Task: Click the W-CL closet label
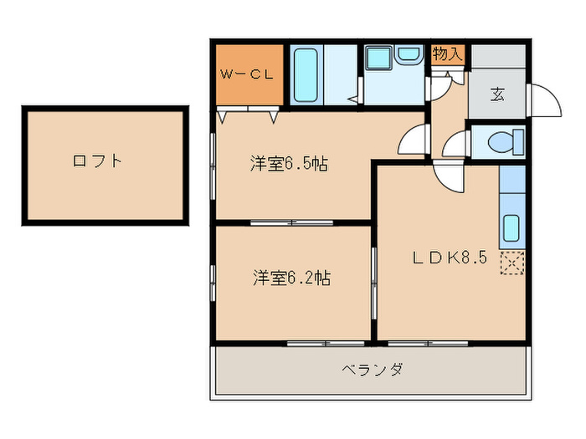point(246,74)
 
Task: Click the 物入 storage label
point(448,54)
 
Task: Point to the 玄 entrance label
point(497,93)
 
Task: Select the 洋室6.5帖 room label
point(288,164)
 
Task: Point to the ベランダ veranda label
point(373,369)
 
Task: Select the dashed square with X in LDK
point(511,263)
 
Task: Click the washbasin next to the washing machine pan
point(409,56)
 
